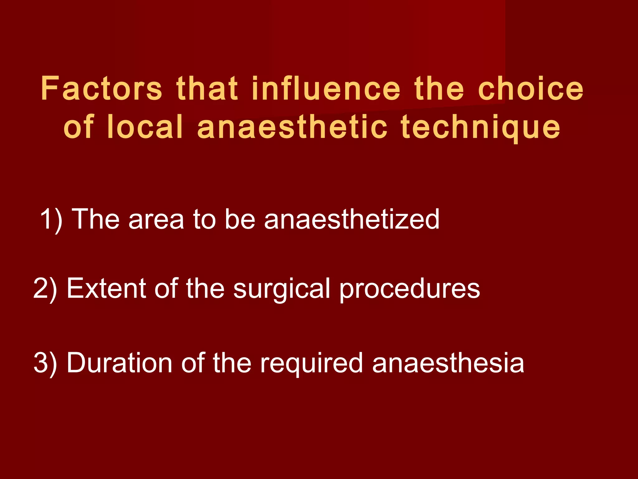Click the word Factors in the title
coord(101,89)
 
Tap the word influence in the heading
coord(326,89)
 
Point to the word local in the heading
coord(145,127)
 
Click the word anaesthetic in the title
coord(293,127)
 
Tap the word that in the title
coord(207,89)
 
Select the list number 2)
coord(45,289)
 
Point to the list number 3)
coord(45,363)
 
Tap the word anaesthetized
coord(352,220)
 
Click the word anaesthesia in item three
coord(448,363)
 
